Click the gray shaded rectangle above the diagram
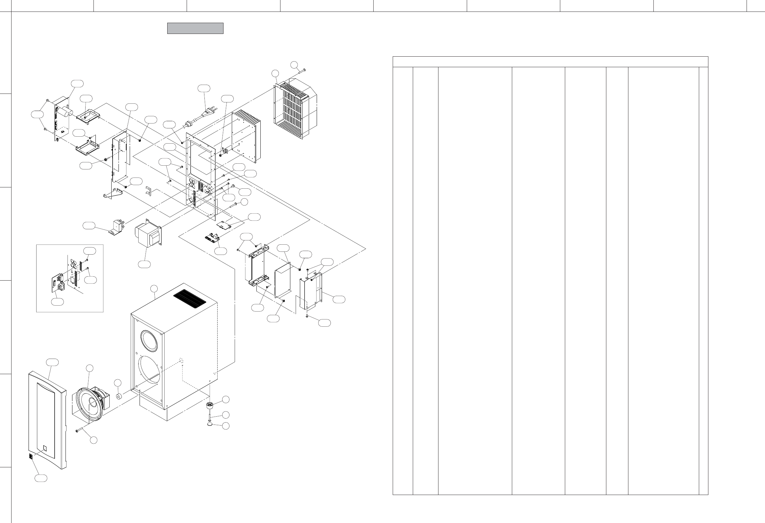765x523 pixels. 195,28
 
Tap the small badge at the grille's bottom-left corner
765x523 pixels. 31,456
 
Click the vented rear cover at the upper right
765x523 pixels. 294,109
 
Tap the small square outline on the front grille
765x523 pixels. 45,448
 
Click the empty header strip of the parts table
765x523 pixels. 550,62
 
